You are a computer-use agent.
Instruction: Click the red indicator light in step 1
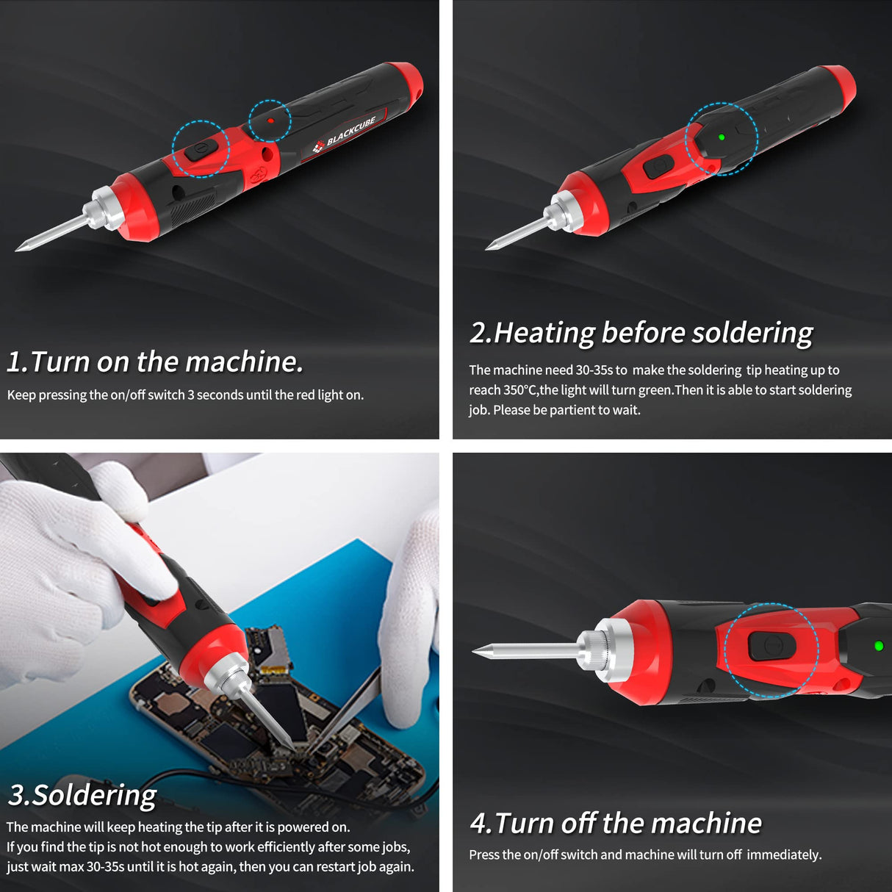tap(270, 121)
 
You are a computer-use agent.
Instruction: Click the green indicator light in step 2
tap(722, 137)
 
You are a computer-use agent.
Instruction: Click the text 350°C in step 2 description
tap(520, 390)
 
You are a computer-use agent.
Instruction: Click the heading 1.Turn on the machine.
tap(155, 362)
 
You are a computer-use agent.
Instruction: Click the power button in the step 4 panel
tap(771, 647)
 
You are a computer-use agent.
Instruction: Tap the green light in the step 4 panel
tap(879, 646)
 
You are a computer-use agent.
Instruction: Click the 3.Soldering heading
tap(82, 795)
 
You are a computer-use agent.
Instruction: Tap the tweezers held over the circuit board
tap(345, 713)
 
